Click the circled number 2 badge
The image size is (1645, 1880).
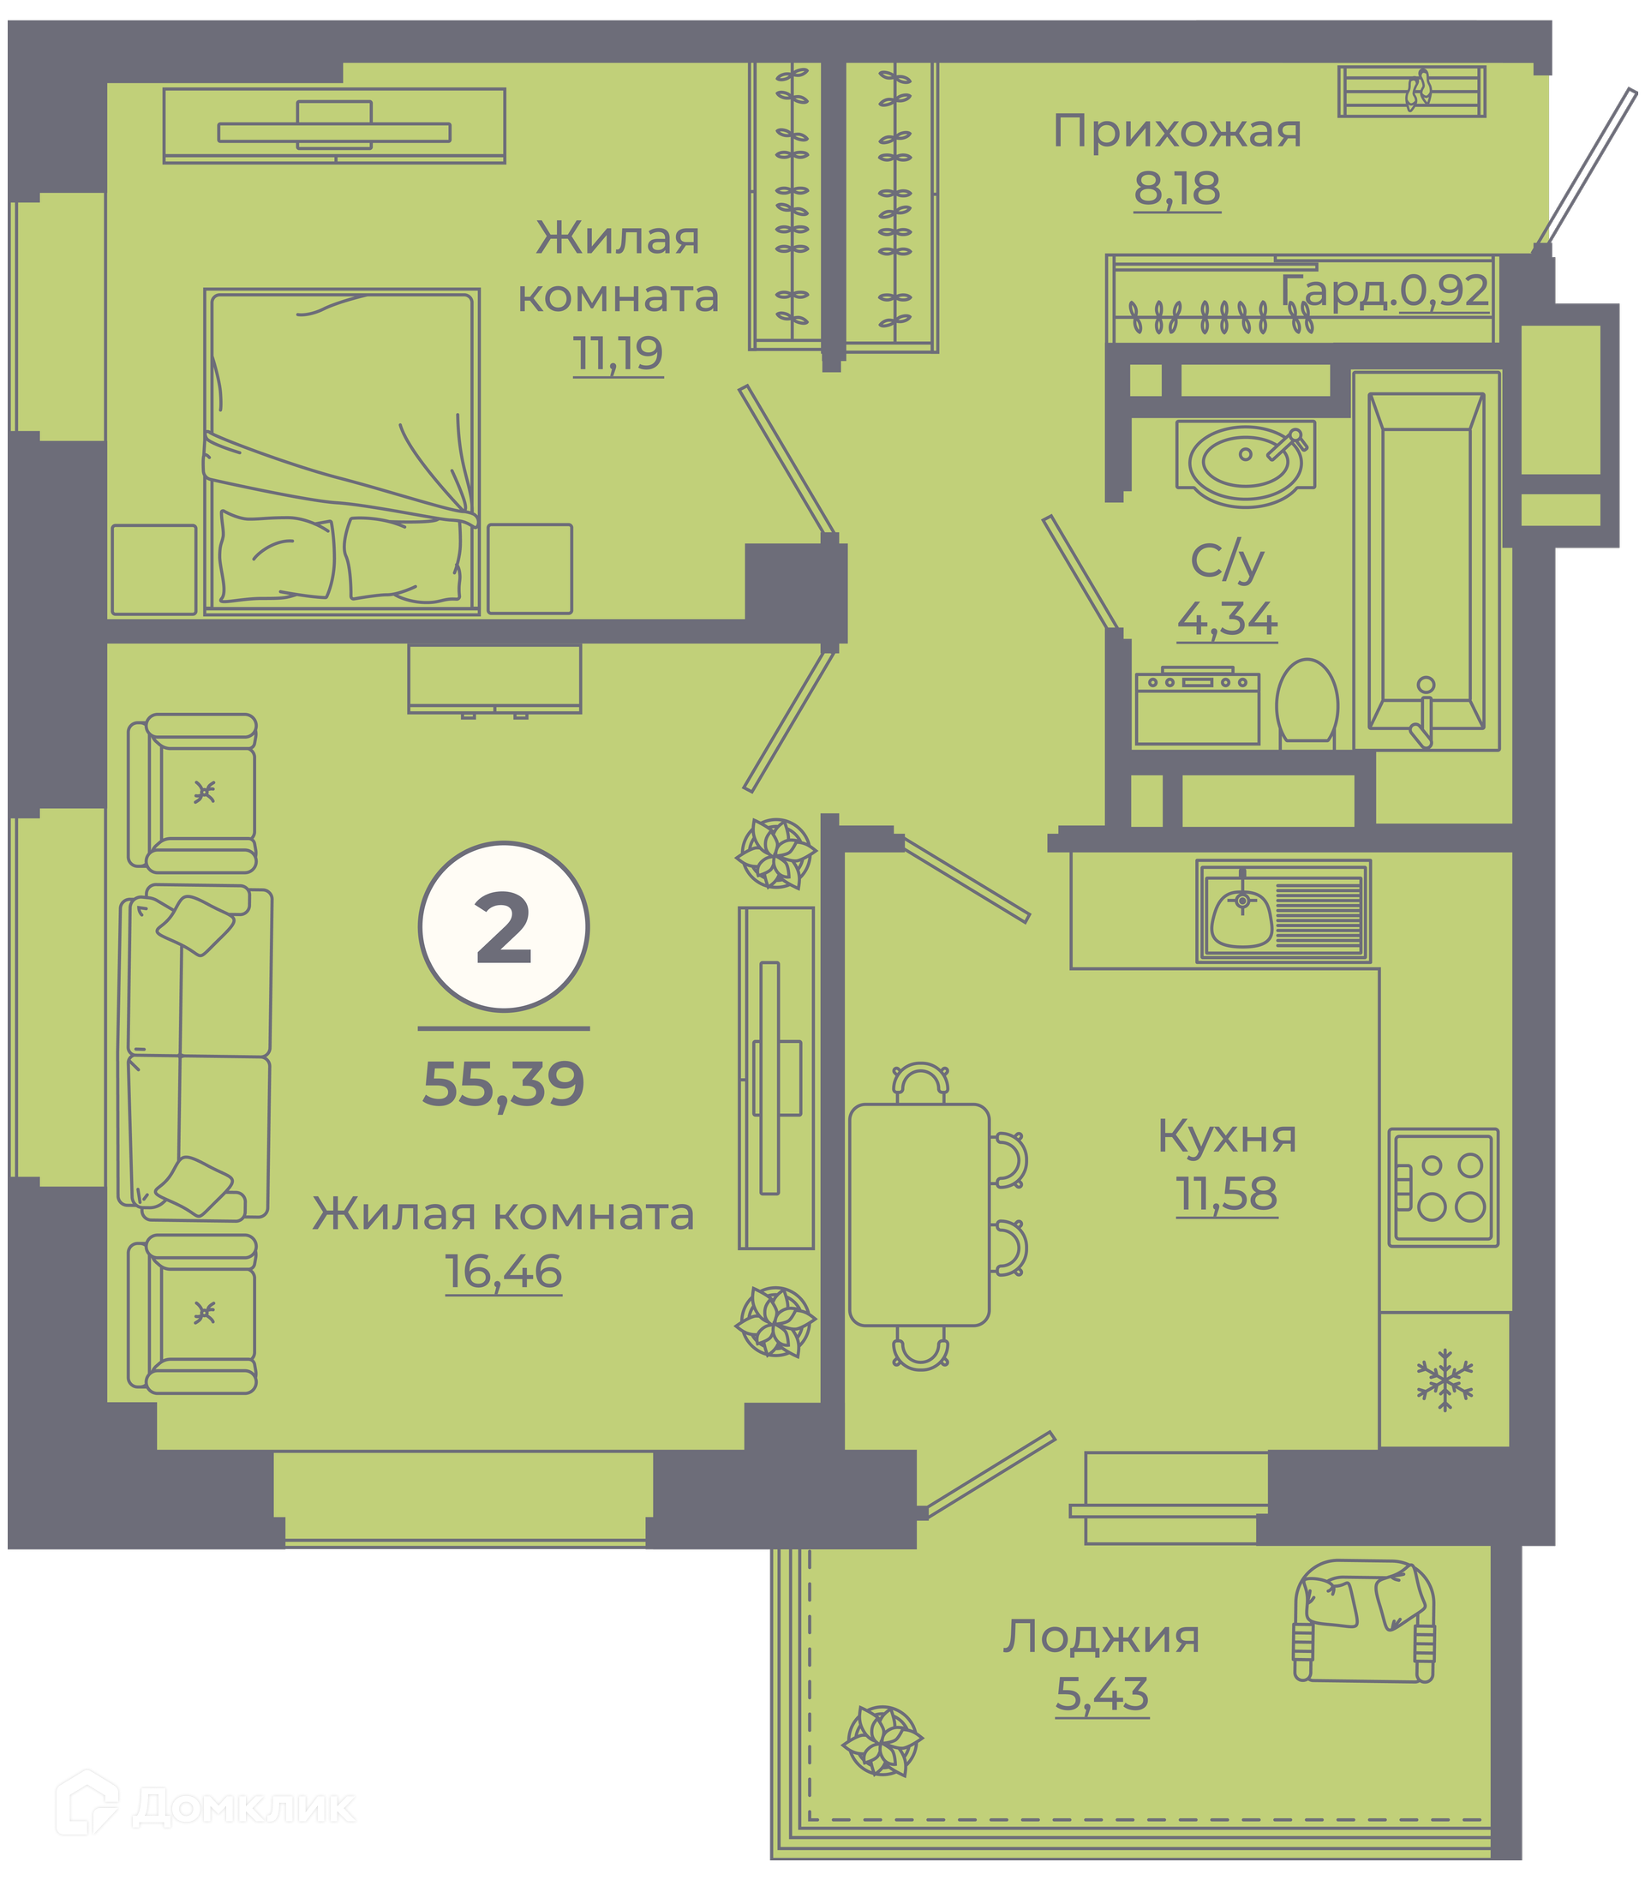coord(503,926)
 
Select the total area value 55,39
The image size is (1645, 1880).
coord(503,1084)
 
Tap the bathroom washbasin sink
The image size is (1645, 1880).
coord(1245,463)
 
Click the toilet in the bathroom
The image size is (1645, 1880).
coord(1307,703)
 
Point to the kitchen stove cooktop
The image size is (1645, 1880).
coord(1443,1187)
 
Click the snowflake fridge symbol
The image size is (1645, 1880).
coord(1444,1380)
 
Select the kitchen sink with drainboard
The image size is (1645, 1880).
coord(1283,912)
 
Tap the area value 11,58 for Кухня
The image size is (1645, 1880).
coord(1226,1194)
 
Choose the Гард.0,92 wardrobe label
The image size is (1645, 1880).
coord(1385,290)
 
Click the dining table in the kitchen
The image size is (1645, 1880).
coord(918,1214)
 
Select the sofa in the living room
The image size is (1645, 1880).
coord(195,1053)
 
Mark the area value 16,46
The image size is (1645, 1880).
coord(503,1272)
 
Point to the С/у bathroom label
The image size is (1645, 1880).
coord(1227,562)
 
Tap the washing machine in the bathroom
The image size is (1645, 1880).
coord(1197,706)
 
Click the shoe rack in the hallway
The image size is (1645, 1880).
coord(1412,91)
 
